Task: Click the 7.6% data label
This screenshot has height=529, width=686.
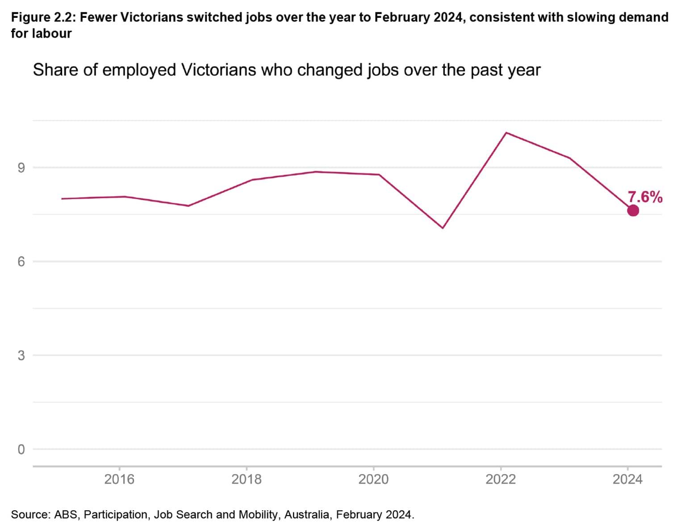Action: coord(645,197)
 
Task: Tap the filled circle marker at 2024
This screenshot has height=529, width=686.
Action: coord(633,210)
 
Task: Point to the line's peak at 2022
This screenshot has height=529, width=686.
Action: coord(506,133)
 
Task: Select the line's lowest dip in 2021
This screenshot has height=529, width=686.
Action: coord(442,228)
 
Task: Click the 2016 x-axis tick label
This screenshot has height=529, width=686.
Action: coord(119,479)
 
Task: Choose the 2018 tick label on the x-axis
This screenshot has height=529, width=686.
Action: coord(246,479)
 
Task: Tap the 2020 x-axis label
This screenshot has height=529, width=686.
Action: coord(373,479)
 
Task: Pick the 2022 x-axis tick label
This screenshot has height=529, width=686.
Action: coord(501,479)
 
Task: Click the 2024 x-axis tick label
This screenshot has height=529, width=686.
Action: coord(627,479)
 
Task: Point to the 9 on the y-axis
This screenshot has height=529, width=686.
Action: coord(21,168)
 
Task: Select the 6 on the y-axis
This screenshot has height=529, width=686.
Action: coord(21,262)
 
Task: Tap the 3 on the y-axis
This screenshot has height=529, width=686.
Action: coord(21,356)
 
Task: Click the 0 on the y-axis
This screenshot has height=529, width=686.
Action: coord(21,450)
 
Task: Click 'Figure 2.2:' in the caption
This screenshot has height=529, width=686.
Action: coord(43,18)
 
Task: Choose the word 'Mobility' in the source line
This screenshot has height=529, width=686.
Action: coord(258,514)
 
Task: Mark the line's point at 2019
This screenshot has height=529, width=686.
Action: coord(315,171)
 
